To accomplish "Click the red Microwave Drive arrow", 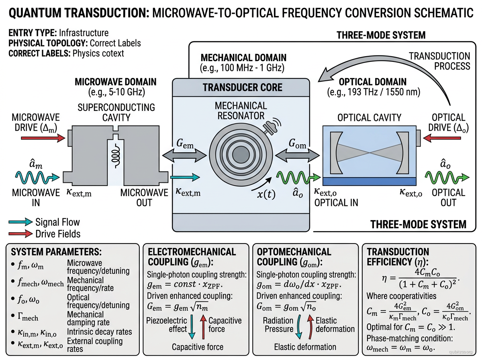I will (x=43, y=138).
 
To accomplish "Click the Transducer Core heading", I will (x=242, y=88).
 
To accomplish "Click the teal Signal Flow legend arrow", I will (x=21, y=222).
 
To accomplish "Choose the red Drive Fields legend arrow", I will (x=21, y=233).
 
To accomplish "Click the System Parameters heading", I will (x=56, y=252).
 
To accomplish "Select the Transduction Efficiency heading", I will (x=398, y=257).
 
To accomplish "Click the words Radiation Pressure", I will (x=278, y=325).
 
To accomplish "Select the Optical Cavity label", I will (x=369, y=117).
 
